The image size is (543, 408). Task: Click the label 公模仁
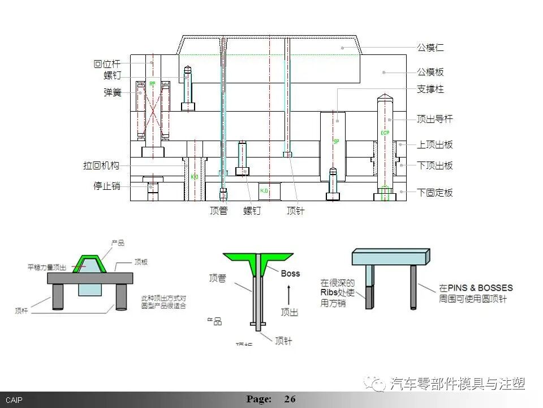(x=430, y=48)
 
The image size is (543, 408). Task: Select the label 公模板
(x=430, y=73)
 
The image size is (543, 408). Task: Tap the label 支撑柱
(x=430, y=90)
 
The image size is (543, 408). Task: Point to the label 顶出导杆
(x=435, y=120)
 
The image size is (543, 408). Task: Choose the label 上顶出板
(x=435, y=145)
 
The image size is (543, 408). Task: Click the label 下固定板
(x=435, y=193)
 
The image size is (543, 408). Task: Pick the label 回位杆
(x=107, y=64)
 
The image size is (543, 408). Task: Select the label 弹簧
(x=112, y=92)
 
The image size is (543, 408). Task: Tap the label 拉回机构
(x=101, y=166)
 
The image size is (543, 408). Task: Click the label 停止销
(x=107, y=186)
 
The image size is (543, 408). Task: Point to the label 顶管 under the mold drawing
(x=218, y=211)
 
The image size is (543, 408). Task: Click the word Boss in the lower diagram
(x=291, y=274)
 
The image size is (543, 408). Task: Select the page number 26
(x=290, y=399)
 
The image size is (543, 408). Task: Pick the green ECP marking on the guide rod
(x=385, y=133)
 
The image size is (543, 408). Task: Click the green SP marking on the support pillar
(x=335, y=141)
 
